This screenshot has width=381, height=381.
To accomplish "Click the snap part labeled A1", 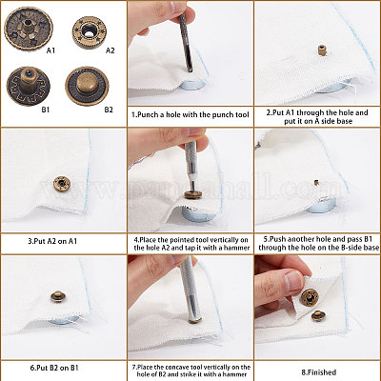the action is click(29, 30).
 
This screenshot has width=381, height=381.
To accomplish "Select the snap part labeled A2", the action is click(89, 31).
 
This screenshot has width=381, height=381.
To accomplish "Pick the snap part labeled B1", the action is click(28, 86).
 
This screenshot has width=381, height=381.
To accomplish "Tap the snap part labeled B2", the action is click(87, 86).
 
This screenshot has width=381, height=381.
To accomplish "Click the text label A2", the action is click(110, 50).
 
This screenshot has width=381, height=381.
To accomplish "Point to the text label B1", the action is click(46, 110).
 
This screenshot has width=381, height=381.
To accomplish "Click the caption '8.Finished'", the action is click(318, 372).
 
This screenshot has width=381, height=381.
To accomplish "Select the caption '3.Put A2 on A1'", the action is click(52, 241).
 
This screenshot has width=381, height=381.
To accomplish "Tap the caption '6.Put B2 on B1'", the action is click(54, 369).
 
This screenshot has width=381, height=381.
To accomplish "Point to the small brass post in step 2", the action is click(322, 50).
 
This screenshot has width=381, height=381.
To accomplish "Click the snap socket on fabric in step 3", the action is click(62, 184).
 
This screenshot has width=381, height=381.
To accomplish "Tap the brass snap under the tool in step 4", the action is click(193, 194).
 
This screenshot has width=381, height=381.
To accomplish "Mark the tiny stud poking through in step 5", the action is click(316, 182).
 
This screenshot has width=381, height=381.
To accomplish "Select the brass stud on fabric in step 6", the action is click(58, 296).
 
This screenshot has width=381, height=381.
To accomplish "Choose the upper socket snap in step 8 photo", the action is click(310, 297).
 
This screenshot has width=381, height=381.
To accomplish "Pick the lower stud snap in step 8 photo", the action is click(318, 316).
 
